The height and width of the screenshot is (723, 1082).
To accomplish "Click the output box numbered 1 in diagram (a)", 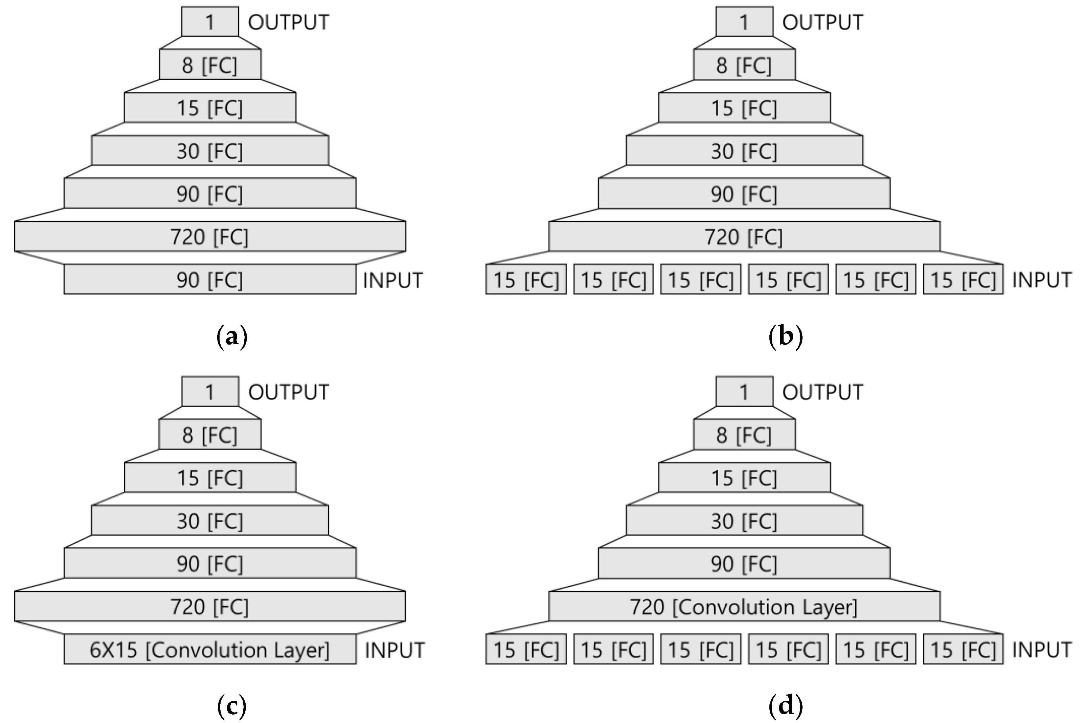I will pos(210,22).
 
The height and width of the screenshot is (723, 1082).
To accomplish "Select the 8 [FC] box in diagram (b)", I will pos(744,65).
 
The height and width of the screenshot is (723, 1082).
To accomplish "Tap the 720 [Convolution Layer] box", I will pos(744,606).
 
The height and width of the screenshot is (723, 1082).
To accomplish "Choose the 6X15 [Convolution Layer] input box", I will pos(210,649).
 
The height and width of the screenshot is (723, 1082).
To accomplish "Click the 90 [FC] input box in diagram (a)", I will pos(210,279).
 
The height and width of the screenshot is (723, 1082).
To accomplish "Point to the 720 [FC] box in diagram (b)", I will pos(744,236).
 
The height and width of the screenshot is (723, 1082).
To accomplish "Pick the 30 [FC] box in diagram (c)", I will pos(210,520).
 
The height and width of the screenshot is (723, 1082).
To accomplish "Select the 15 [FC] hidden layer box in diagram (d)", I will pos(744,478).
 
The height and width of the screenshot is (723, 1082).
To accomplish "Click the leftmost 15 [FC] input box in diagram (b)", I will pos(526,279).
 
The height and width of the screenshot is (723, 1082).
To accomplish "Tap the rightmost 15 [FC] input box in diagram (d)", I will pos(963,649).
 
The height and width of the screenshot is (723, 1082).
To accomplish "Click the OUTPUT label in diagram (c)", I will pos(289,392).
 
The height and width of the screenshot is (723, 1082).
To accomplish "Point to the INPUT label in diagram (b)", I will pos(1041,279).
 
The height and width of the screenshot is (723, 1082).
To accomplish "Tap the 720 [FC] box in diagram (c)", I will pos(210,606).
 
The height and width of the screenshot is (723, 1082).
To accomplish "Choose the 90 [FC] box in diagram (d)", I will pos(744,563).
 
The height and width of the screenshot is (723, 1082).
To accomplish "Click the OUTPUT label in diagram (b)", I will pos(823,22).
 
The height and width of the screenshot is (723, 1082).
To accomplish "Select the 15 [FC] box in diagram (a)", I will pos(210,108).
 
